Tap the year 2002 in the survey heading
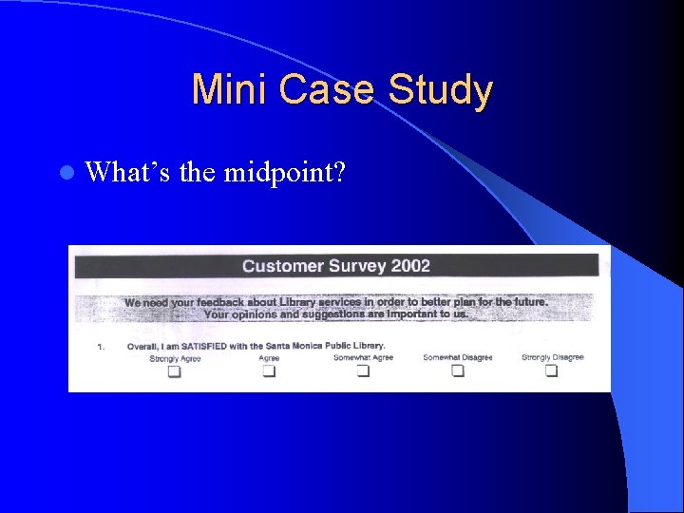[x=409, y=266]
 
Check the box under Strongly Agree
[x=175, y=371]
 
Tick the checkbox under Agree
[x=269, y=371]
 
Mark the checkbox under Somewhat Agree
[x=363, y=371]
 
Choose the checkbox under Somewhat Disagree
[x=458, y=371]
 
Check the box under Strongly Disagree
[x=551, y=371]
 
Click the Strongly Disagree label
[x=552, y=357]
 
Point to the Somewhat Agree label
[x=363, y=357]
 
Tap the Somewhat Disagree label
[x=458, y=357]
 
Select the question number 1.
[x=101, y=347]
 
